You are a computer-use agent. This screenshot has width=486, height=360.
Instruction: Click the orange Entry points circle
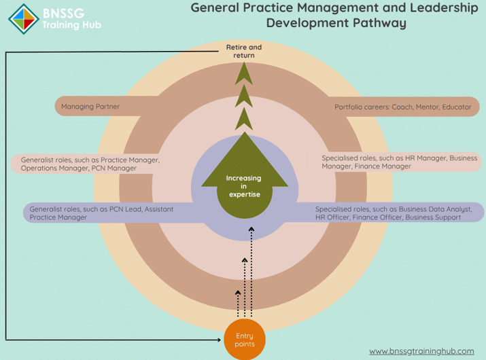[245, 340]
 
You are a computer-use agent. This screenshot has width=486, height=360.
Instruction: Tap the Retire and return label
[244, 51]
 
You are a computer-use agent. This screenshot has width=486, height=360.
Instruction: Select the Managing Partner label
[90, 107]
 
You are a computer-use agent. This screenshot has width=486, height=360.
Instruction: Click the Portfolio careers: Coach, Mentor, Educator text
[402, 107]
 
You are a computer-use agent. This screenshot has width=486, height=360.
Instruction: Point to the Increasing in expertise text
[244, 186]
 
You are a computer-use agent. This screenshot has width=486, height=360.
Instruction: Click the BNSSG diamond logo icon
[24, 19]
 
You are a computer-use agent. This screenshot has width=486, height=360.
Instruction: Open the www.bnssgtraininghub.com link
[421, 351]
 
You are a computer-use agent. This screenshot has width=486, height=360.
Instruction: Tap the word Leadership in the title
[444, 8]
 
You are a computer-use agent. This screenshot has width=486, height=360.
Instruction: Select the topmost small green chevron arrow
[244, 74]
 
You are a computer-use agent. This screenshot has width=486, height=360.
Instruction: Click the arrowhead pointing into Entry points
[219, 340]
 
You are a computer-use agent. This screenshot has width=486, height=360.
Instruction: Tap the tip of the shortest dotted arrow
[238, 291]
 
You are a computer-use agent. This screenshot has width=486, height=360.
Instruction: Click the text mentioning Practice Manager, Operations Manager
[90, 164]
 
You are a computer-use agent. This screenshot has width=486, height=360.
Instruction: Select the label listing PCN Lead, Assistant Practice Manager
[101, 213]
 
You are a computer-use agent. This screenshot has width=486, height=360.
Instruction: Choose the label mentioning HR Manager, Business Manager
[399, 162]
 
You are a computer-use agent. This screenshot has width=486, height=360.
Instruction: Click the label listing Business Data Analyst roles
[394, 213]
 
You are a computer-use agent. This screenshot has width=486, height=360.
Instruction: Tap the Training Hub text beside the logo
[72, 25]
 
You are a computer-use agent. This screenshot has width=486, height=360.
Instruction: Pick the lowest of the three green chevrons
[244, 119]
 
